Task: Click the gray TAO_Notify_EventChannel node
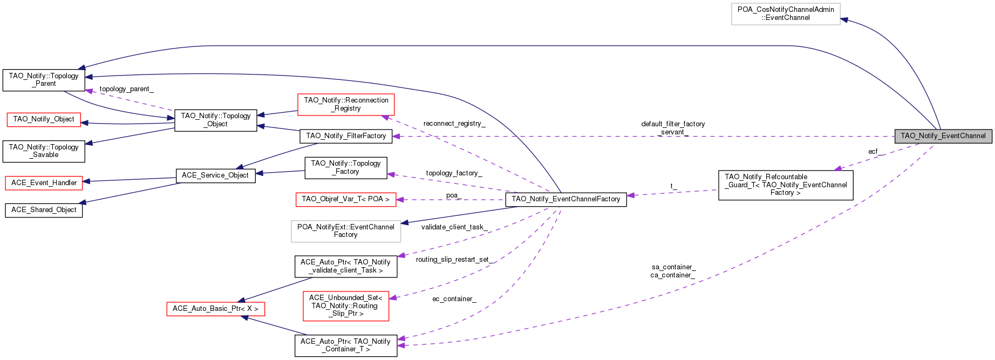[x=943, y=136]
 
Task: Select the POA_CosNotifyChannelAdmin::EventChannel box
[x=786, y=13]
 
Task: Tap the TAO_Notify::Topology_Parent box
[x=44, y=80]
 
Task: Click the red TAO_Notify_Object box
[x=44, y=119]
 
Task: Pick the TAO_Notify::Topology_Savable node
[x=44, y=151]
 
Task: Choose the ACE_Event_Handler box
[x=44, y=183]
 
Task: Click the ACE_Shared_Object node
[x=44, y=210]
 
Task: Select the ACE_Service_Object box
[x=215, y=175]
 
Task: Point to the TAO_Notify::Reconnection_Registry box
[x=346, y=104]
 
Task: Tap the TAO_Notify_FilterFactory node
[x=346, y=136]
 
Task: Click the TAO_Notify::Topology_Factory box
[x=346, y=167]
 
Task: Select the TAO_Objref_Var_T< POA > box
[x=345, y=199]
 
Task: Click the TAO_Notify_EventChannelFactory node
[x=566, y=199]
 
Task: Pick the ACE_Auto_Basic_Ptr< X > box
[x=215, y=309]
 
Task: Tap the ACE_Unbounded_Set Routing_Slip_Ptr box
[x=345, y=305]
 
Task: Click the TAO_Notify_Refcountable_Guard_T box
[x=786, y=185]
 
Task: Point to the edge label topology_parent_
[x=126, y=89]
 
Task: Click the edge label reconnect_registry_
[x=454, y=124]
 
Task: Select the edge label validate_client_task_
[x=454, y=227]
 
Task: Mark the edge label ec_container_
[x=454, y=299]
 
